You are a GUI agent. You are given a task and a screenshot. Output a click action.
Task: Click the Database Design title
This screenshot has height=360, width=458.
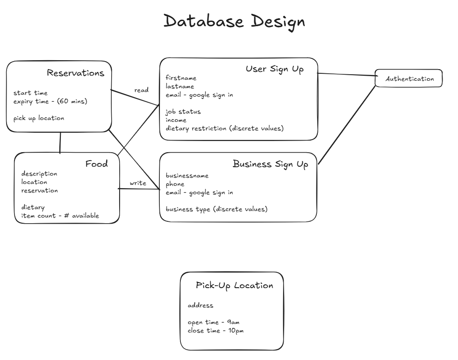234,21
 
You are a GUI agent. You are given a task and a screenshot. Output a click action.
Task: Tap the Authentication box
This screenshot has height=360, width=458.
409,79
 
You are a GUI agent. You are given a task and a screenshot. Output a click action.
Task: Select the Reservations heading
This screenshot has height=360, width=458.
75,73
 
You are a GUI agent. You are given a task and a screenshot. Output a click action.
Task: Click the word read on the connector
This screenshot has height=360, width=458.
141,90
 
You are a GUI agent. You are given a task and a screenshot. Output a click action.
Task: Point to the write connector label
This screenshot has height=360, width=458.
138,184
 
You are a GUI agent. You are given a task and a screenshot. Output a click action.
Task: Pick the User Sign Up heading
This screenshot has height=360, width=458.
274,69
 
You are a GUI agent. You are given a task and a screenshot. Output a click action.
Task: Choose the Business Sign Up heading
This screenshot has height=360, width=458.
270,164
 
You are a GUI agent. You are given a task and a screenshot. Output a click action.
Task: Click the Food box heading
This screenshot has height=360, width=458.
96,164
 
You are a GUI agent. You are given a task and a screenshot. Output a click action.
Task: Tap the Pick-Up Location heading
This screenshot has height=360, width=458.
234,285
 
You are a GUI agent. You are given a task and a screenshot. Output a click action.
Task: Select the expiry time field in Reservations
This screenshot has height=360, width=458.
50,101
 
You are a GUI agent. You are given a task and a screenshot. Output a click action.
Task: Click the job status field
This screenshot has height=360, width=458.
183,112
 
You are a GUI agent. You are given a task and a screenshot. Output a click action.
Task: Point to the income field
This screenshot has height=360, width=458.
176,120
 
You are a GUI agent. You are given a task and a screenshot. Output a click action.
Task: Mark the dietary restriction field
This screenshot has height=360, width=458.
224,128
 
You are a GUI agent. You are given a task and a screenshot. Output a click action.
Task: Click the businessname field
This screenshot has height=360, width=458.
187,176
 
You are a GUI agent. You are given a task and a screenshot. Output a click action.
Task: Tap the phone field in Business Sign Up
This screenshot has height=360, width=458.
175,184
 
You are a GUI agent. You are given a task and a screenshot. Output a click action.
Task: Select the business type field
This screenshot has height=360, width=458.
216,209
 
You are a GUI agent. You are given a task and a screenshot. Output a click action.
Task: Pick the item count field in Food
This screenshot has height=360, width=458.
60,216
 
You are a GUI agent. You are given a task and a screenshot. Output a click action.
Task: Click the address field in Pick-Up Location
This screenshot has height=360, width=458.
200,305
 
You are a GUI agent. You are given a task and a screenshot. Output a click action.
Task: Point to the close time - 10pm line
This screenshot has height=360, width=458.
215,331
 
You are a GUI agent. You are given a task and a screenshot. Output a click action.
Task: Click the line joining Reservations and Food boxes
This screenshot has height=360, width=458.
60,142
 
